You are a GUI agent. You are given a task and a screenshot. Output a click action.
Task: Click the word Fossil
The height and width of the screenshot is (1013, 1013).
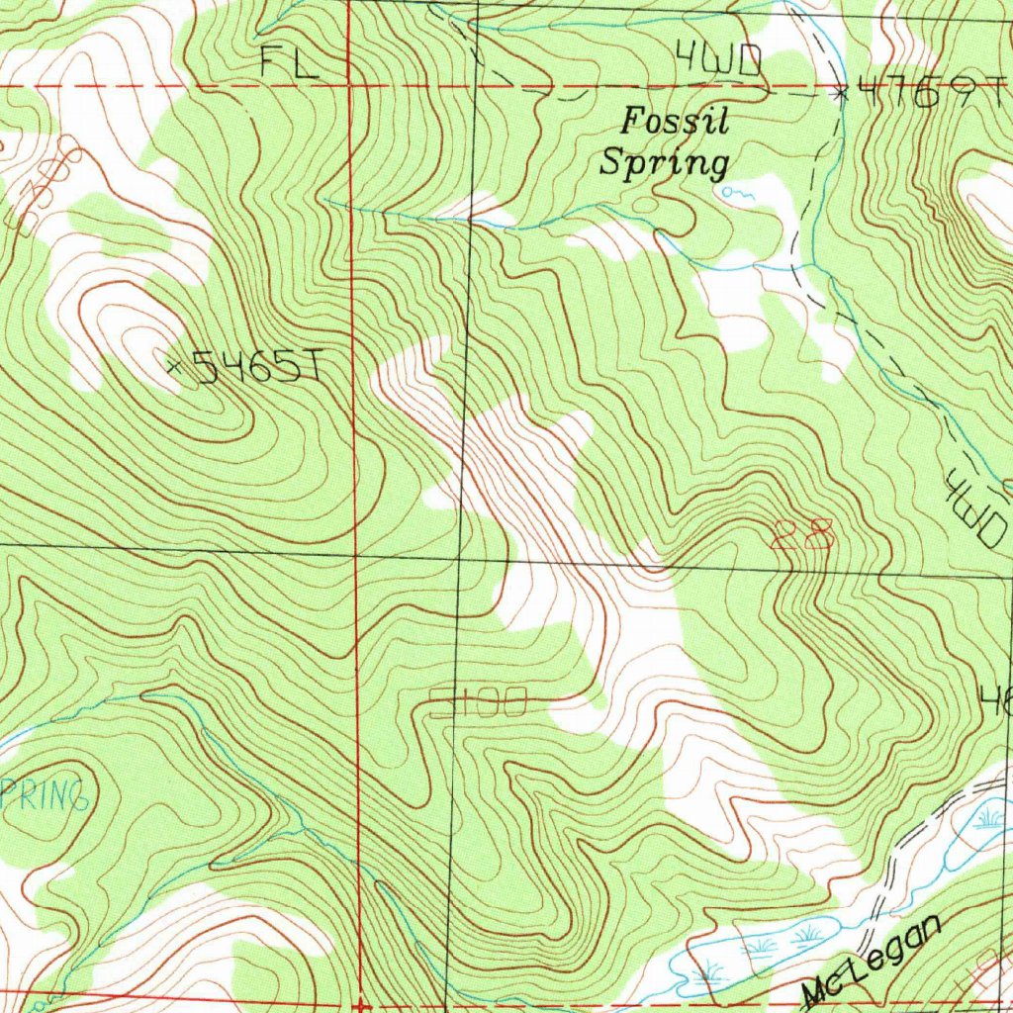click(675, 123)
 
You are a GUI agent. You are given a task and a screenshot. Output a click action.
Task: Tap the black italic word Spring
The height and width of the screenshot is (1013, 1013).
click(665, 161)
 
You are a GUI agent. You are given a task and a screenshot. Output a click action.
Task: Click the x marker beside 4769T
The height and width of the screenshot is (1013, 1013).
click(842, 94)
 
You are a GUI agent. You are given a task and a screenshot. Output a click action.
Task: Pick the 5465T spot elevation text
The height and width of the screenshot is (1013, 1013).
click(255, 368)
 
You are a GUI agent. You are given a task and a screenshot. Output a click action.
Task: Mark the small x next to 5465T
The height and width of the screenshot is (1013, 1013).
click(174, 367)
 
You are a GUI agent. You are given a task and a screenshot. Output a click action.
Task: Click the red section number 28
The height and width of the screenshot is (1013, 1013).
click(802, 535)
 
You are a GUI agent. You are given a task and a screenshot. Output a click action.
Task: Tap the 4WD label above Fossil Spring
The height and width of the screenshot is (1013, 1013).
click(719, 62)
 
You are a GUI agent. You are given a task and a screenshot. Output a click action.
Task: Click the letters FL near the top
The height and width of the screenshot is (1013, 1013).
click(290, 64)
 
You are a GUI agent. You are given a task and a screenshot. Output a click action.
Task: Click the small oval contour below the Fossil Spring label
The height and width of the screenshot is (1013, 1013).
click(645, 205)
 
